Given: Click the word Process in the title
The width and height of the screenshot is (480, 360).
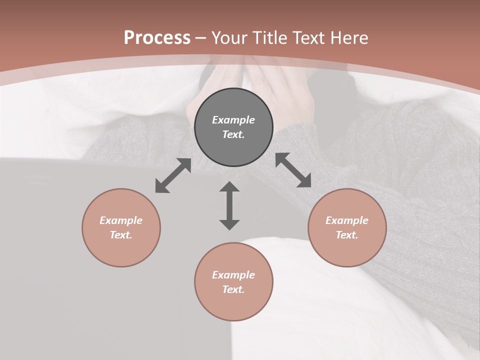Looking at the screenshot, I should tap(157, 38).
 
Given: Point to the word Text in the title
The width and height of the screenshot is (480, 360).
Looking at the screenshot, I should tap(310, 38).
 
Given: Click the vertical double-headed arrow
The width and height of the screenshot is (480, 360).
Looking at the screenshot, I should tap(229, 205).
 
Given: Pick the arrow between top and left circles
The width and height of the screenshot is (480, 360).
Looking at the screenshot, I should tap(173, 175).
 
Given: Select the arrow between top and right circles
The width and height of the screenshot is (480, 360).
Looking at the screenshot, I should tap(293, 170).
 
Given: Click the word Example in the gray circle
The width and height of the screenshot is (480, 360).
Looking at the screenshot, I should tap(233, 120).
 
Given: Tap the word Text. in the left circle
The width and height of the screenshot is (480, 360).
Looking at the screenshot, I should tap(121, 235).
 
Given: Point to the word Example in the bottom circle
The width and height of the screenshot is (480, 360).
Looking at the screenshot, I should tap(233, 275).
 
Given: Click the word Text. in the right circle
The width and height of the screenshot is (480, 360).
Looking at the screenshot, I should tap(347, 235).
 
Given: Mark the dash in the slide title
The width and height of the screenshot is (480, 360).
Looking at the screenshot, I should tap(201, 38).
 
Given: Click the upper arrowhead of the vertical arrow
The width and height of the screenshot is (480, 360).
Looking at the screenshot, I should tap(229, 187).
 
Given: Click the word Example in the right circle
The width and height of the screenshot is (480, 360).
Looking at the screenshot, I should tap(347, 220).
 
